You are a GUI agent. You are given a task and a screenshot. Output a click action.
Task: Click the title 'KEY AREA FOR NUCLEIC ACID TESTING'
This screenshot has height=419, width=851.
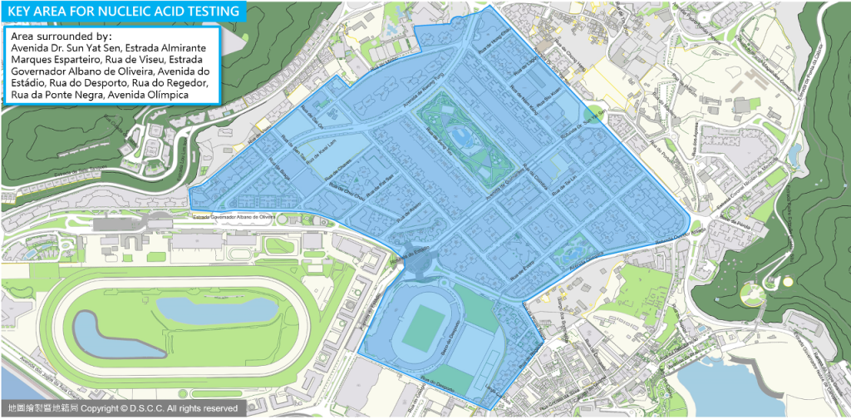point(124,11)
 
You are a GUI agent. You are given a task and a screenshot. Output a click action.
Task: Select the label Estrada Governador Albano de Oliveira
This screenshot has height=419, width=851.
point(234,217)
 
